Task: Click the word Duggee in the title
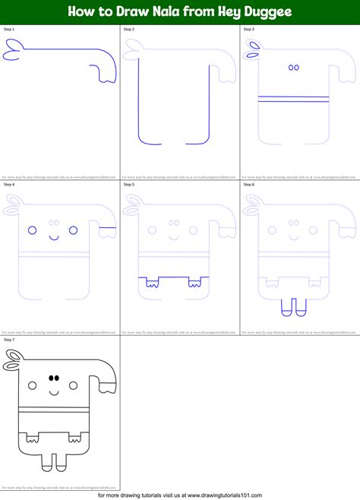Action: [x=272, y=12]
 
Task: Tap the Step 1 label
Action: [x=9, y=30]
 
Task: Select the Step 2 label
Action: [x=128, y=30]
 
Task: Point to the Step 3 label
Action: [x=248, y=30]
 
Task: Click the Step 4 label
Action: [x=9, y=185]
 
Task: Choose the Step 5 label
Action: [x=128, y=185]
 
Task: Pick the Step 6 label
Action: [x=248, y=185]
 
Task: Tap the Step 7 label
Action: [x=9, y=340]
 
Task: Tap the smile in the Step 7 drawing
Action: [x=55, y=392]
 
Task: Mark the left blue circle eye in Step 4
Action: [x=33, y=229]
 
